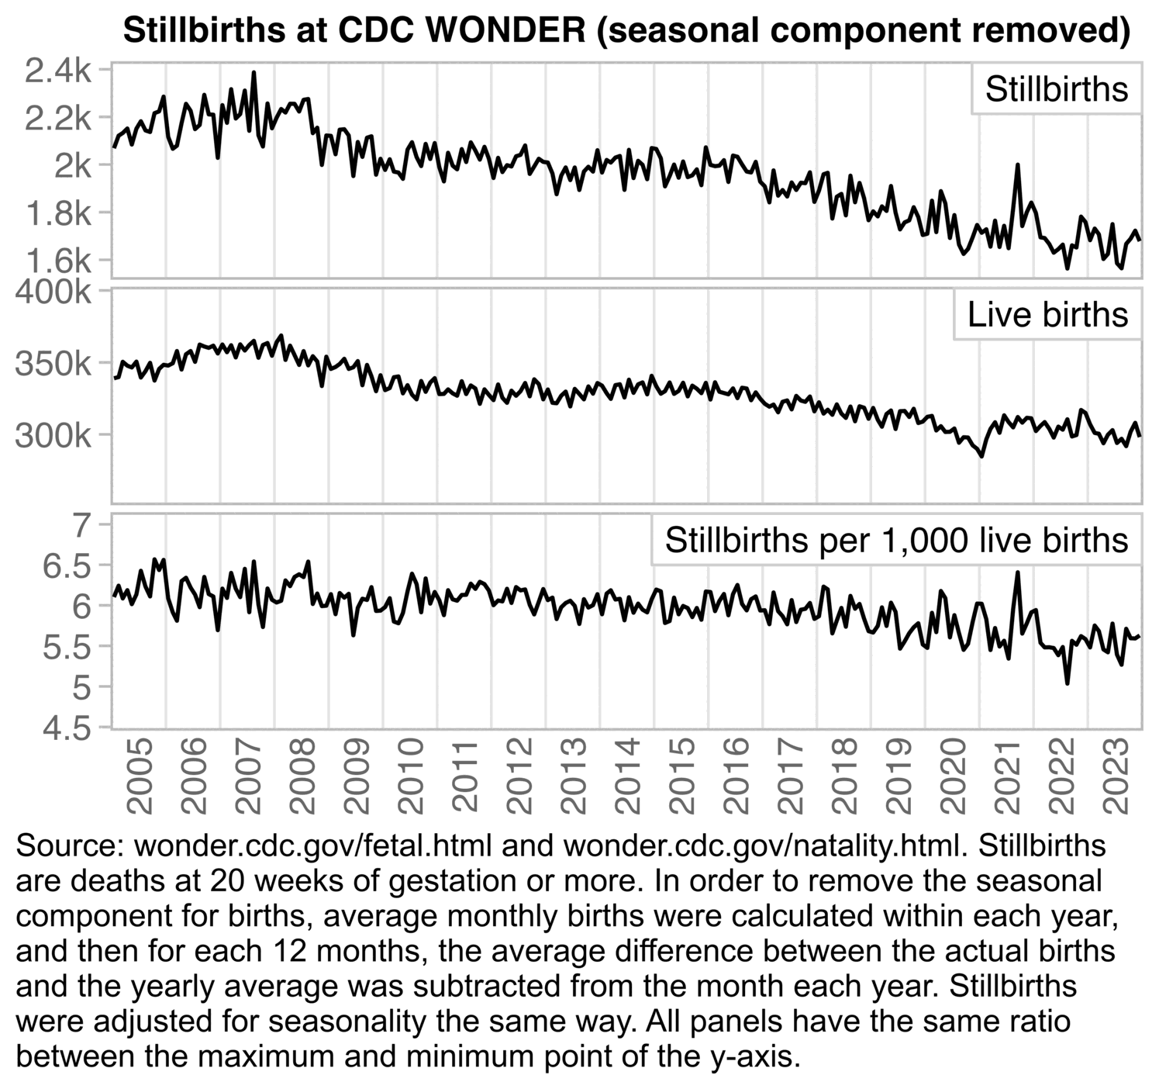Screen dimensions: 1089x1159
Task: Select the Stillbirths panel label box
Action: pyautogui.click(x=1056, y=89)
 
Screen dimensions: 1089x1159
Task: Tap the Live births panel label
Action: pyautogui.click(x=1047, y=315)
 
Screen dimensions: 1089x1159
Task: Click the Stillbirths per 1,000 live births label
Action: pyautogui.click(x=895, y=540)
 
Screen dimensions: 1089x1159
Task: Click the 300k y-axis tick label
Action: pyautogui.click(x=53, y=436)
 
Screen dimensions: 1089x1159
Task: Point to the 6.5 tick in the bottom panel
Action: pyautogui.click(x=68, y=565)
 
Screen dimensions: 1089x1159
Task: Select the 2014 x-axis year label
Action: pyautogui.click(x=627, y=776)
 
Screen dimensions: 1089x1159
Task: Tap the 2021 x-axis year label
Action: pyautogui.click(x=1007, y=776)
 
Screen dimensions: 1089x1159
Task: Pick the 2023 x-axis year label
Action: pyautogui.click(x=1116, y=776)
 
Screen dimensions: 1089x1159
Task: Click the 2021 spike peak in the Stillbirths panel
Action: pyautogui.click(x=1017, y=164)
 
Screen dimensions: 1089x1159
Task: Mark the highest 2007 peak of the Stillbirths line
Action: pyautogui.click(x=254, y=73)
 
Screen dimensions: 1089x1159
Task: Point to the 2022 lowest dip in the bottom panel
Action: pyautogui.click(x=1068, y=683)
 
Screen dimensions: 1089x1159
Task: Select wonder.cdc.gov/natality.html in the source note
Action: pyautogui.click(x=763, y=845)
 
